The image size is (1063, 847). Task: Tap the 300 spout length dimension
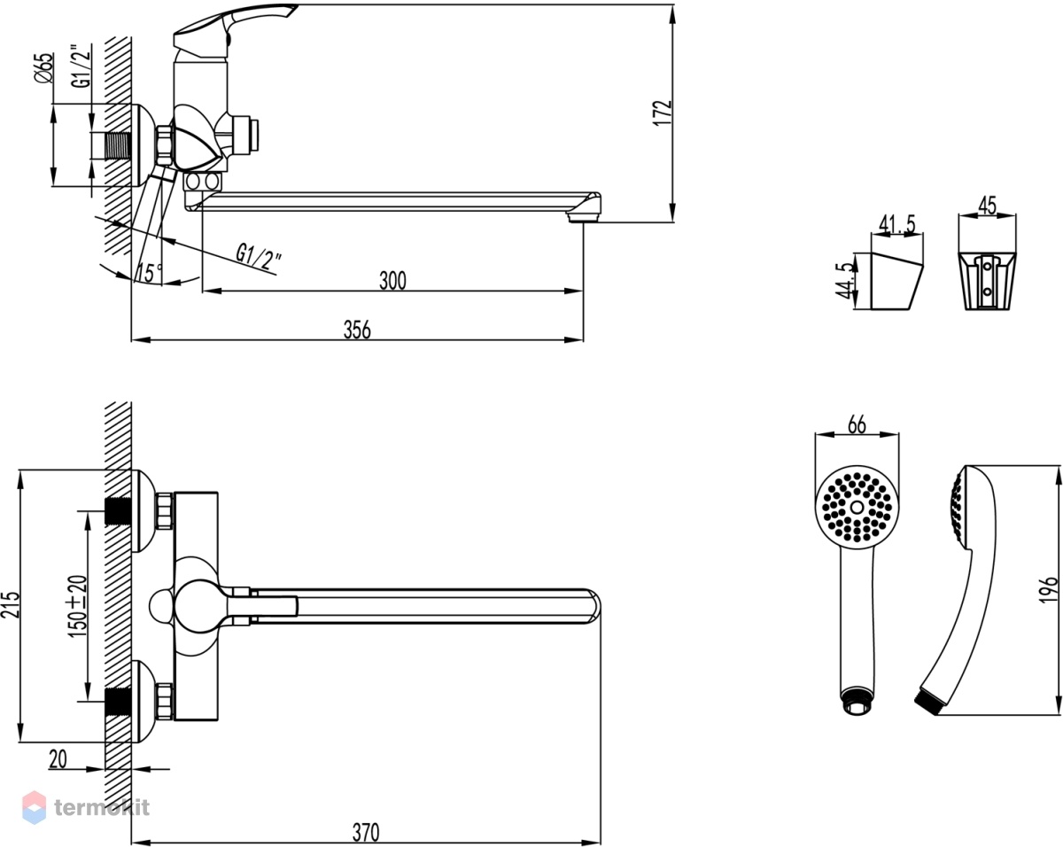(392, 280)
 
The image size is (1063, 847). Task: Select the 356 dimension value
(357, 330)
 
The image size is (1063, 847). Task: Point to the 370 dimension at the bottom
(366, 832)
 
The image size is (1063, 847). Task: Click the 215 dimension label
(10, 604)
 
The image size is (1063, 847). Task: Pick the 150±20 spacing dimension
(78, 606)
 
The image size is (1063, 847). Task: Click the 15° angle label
(149, 273)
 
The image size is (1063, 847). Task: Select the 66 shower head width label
(857, 424)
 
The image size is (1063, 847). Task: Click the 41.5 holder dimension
(897, 223)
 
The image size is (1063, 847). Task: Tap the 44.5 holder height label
(844, 281)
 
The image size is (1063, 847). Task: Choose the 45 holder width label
(987, 205)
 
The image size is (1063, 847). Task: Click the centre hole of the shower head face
(857, 507)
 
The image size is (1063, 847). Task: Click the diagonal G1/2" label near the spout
(259, 258)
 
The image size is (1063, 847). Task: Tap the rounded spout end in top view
(594, 606)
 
